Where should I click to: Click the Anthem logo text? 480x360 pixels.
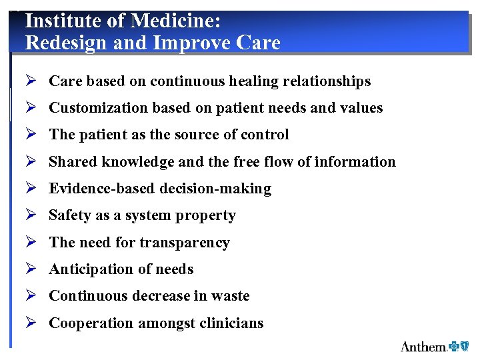tap(424, 346)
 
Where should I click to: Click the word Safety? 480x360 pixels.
tap(70, 215)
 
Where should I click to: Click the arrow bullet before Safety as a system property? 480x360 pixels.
tap(30, 215)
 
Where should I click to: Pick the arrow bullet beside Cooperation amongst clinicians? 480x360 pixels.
tap(30, 323)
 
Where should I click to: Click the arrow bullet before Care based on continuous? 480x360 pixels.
tap(30, 81)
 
